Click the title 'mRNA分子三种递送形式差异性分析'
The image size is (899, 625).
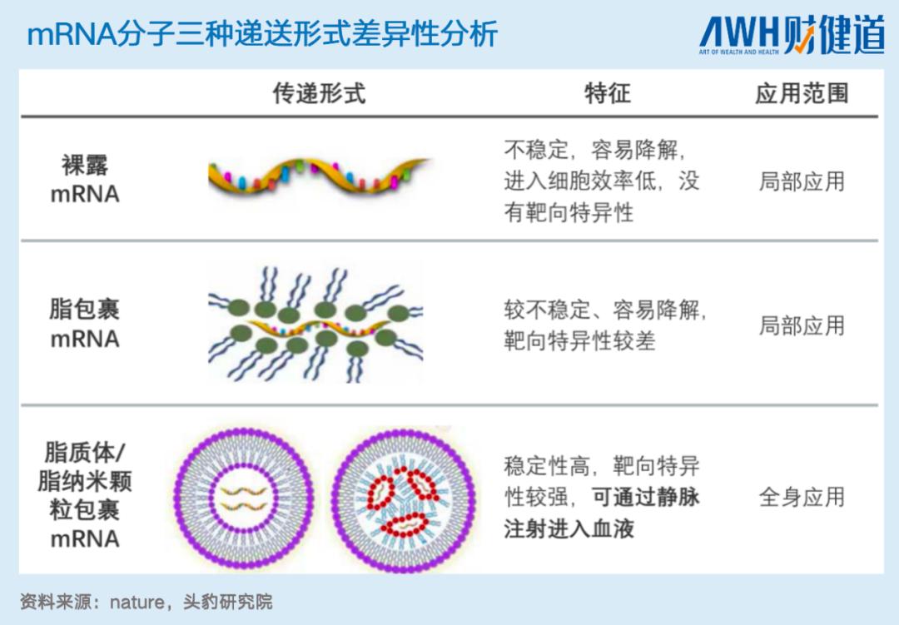[262, 34]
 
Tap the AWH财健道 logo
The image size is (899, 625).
[791, 35]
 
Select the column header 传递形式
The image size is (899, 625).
[319, 93]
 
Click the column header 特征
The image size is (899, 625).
[607, 93]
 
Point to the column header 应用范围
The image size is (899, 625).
[801, 93]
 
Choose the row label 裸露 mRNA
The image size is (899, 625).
[85, 180]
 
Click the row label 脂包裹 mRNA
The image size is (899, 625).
[85, 324]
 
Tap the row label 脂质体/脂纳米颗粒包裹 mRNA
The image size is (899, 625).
[85, 496]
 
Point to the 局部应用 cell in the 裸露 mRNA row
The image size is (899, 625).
[801, 181]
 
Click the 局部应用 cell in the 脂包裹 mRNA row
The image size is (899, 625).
[801, 325]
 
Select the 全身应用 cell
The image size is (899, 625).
[801, 497]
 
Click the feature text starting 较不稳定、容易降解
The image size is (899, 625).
[604, 325]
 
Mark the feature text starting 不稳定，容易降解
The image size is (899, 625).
[601, 181]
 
